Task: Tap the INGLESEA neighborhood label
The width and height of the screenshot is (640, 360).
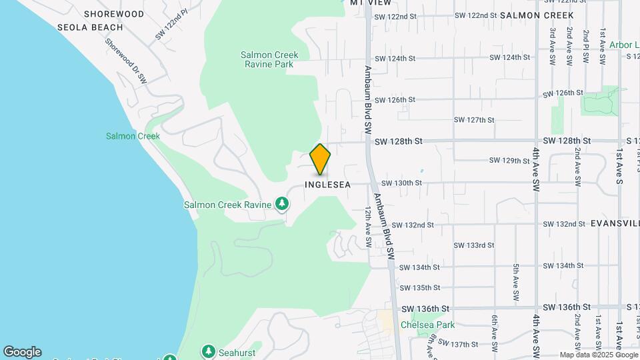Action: click(x=327, y=185)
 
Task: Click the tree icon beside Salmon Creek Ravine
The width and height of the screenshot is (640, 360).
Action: click(x=283, y=204)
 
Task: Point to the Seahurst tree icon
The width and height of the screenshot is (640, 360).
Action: click(x=209, y=351)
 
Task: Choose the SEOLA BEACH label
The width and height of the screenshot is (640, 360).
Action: click(x=90, y=27)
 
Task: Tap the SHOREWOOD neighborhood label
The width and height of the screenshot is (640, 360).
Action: click(x=114, y=14)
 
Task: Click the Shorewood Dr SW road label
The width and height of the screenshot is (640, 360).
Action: click(x=125, y=60)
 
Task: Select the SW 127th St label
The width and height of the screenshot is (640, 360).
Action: click(x=474, y=120)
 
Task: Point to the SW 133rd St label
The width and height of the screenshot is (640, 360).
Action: click(x=474, y=245)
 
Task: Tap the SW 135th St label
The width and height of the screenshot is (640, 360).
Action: click(x=420, y=288)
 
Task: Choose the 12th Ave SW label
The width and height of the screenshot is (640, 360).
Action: click(x=367, y=227)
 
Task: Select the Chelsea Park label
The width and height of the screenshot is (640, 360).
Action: click(x=427, y=325)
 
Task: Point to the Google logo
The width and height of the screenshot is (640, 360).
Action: click(x=22, y=352)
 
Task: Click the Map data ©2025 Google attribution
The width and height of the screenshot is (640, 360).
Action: click(x=598, y=355)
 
